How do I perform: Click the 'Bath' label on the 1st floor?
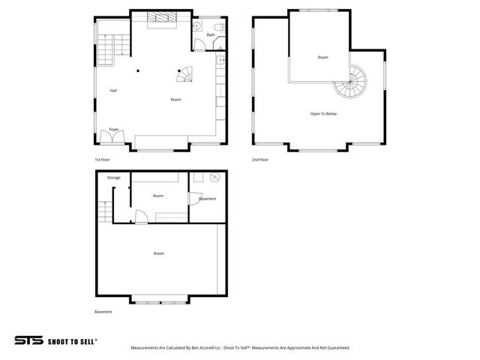point(211,34)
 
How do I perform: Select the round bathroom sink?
point(196,26)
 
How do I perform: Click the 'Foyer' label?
point(114,129)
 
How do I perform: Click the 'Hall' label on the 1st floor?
point(113,91)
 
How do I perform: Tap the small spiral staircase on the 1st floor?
point(185,75)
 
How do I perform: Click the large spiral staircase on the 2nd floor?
point(352,81)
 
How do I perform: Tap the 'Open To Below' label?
point(323,113)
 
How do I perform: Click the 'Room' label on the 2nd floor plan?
point(322,57)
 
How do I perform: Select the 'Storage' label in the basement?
point(113,178)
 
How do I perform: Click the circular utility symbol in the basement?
point(214,178)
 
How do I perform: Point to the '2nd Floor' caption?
point(260,160)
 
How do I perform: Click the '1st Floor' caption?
point(103,160)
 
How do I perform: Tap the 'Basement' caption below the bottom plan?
point(103,311)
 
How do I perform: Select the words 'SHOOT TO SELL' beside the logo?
point(72,340)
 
